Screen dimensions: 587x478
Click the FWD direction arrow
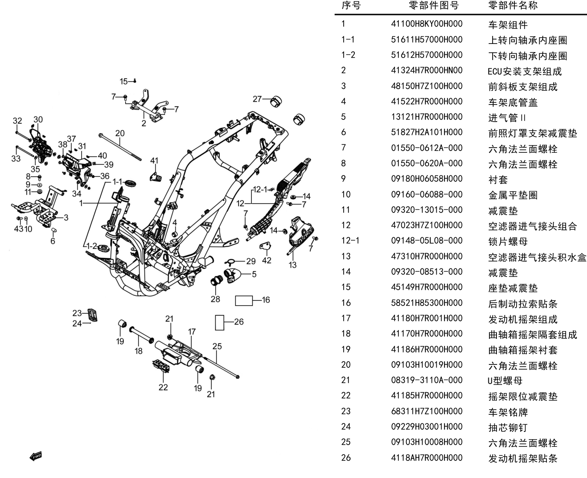coord(36,457)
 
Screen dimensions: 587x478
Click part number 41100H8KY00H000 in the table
coord(426,24)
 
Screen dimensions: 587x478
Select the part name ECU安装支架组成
coord(525,72)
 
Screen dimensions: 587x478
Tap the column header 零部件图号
coord(434,6)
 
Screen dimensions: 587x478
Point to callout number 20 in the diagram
coord(120,133)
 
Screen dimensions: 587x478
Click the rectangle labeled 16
coord(244,300)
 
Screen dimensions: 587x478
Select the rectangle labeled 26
coord(219,323)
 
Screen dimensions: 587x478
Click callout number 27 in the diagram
coord(257,99)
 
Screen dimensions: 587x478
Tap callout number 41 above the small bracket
coord(155,160)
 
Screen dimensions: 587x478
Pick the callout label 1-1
coord(117,181)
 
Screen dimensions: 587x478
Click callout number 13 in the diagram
coord(292,265)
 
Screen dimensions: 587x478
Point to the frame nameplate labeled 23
coord(93,315)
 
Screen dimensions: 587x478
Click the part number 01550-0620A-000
coord(426,163)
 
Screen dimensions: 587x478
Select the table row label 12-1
coord(350,241)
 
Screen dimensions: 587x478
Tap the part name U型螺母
coord(505,381)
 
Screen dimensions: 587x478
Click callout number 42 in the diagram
coord(266,260)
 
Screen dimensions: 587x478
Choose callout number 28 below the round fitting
coord(215,299)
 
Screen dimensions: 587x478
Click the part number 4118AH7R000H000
coord(426,458)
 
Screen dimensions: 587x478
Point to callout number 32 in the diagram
coord(18,121)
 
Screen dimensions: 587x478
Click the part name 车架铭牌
coord(508,412)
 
